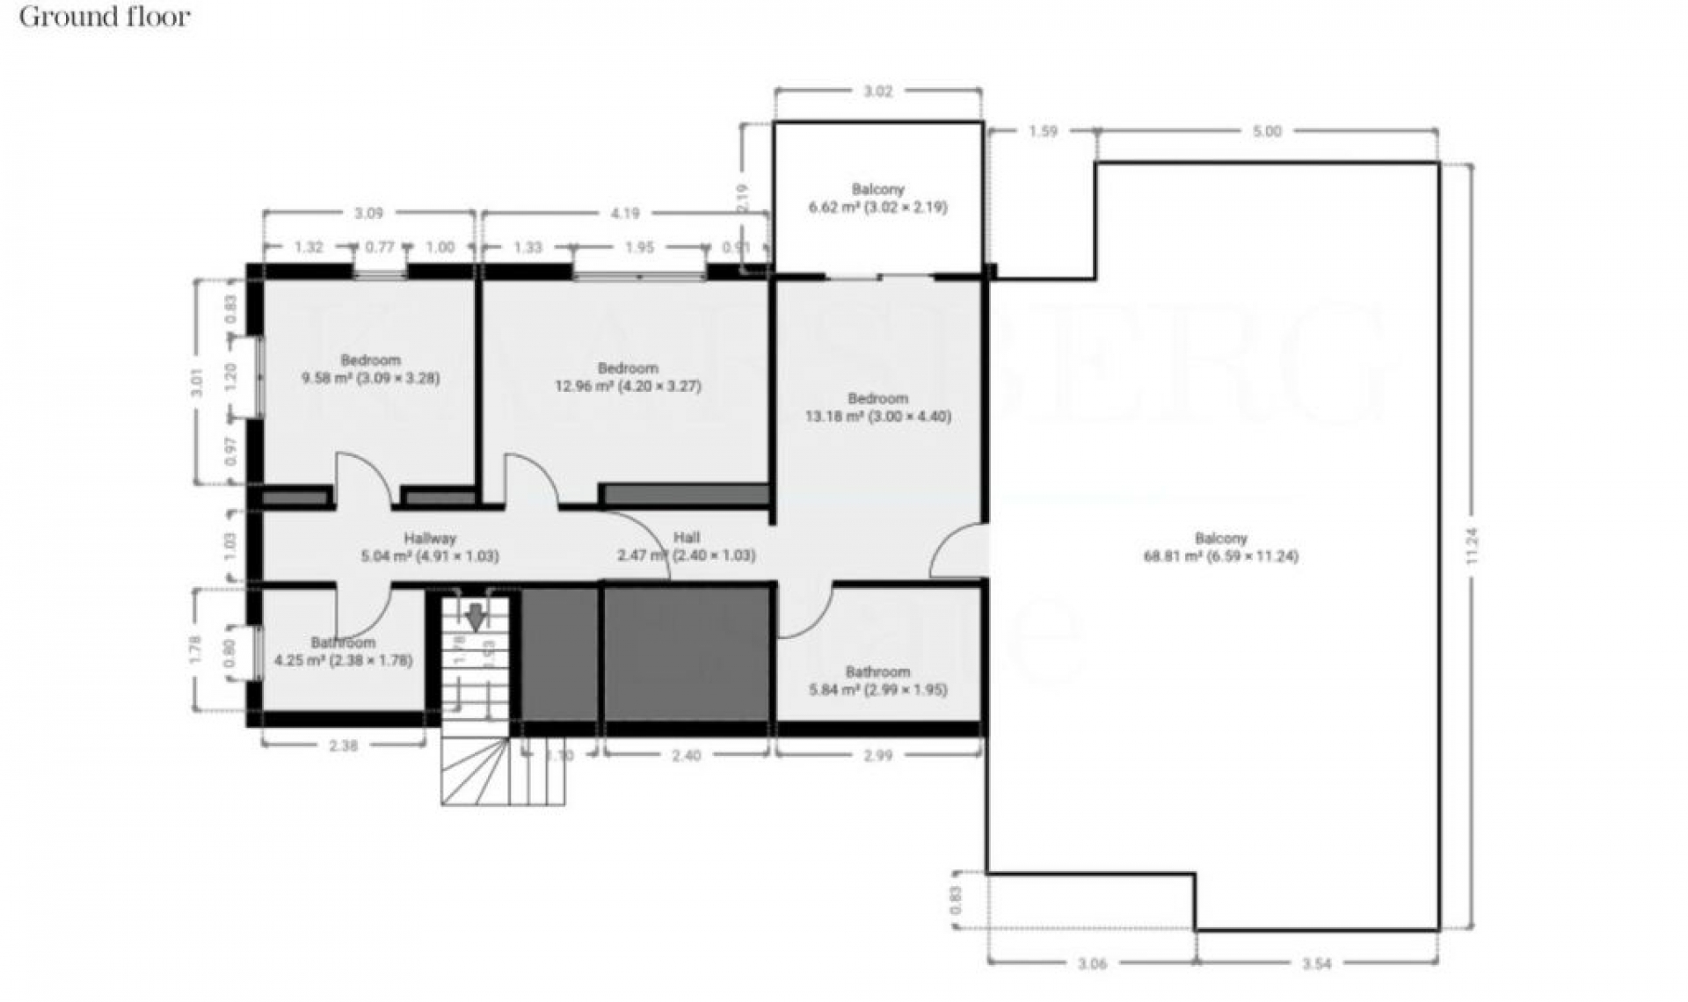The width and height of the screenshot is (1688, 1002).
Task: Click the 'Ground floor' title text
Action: coord(105,17)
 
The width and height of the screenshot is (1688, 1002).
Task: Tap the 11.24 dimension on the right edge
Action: coord(1473,546)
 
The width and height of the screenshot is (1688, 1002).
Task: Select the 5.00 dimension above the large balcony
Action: coord(1266,132)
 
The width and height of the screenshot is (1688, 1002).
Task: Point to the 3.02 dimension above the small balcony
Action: coord(877,91)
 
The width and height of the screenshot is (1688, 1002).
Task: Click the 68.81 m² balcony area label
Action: coord(1220,548)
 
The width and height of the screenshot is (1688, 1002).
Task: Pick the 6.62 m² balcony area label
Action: coord(877,199)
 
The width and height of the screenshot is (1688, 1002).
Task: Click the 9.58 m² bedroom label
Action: coord(370,369)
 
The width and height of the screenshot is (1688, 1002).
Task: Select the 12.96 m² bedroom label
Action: coord(627,377)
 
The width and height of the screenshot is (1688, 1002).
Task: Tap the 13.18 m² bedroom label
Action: coord(877,408)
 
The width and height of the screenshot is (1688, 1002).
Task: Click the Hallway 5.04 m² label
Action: coord(429,548)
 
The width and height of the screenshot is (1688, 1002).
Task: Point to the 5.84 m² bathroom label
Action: coord(877,681)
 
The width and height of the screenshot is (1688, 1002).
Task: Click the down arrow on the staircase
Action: coord(475,617)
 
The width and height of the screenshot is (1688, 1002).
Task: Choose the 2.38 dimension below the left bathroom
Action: coord(343,746)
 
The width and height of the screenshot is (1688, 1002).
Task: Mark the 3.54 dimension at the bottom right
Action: coord(1316,964)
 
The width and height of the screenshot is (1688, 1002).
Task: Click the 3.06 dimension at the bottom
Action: coord(1091,964)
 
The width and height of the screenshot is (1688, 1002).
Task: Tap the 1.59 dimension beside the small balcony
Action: coord(1043,132)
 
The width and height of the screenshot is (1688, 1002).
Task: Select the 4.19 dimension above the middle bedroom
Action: coord(624,214)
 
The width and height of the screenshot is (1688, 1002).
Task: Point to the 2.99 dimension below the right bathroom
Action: coord(877,755)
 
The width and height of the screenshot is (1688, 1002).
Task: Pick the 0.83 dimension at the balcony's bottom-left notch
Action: coord(956,900)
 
